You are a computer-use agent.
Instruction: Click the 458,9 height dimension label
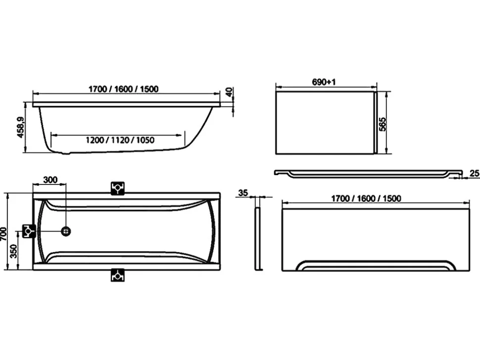click(x=21, y=127)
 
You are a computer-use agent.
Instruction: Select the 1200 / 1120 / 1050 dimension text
click(x=120, y=140)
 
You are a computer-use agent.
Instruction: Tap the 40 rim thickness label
click(x=230, y=92)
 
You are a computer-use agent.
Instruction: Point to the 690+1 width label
click(x=324, y=82)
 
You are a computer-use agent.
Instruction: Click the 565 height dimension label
click(x=383, y=124)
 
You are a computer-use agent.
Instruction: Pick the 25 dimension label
click(x=474, y=174)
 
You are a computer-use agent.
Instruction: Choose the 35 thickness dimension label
click(x=243, y=193)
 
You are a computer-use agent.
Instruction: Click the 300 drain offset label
click(x=50, y=180)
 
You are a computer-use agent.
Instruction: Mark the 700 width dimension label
click(x=3, y=234)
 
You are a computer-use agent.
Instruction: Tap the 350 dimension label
click(x=14, y=251)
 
